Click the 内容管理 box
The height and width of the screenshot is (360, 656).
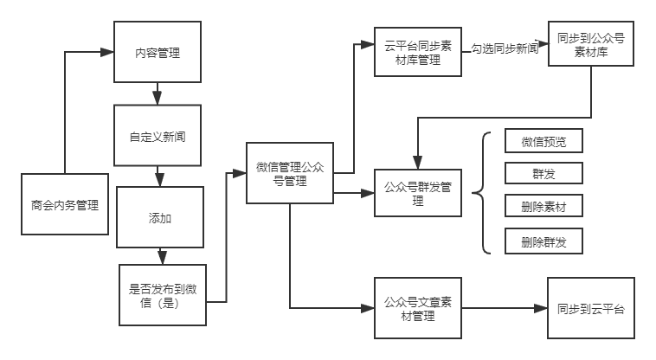pos(158,52)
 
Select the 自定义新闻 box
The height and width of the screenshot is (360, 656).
pos(158,136)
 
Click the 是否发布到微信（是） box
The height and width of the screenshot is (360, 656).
pos(163,295)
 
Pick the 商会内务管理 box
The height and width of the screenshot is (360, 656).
pos(65,204)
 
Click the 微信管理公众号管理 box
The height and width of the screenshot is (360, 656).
pos(290,173)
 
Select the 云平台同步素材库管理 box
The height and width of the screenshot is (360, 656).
pos(417,52)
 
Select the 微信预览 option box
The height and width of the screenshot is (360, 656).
pos(543,141)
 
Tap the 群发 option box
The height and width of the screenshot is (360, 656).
pos(543,173)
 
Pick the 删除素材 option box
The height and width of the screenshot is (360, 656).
pos(543,207)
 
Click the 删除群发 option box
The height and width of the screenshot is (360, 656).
pos(543,241)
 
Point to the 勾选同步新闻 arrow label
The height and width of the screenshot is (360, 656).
pos(505,49)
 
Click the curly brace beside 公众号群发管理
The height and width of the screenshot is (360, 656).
pos(482,193)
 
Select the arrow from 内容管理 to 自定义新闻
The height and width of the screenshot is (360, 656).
pos(158,93)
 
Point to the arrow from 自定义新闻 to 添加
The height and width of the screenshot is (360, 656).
pos(158,176)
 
